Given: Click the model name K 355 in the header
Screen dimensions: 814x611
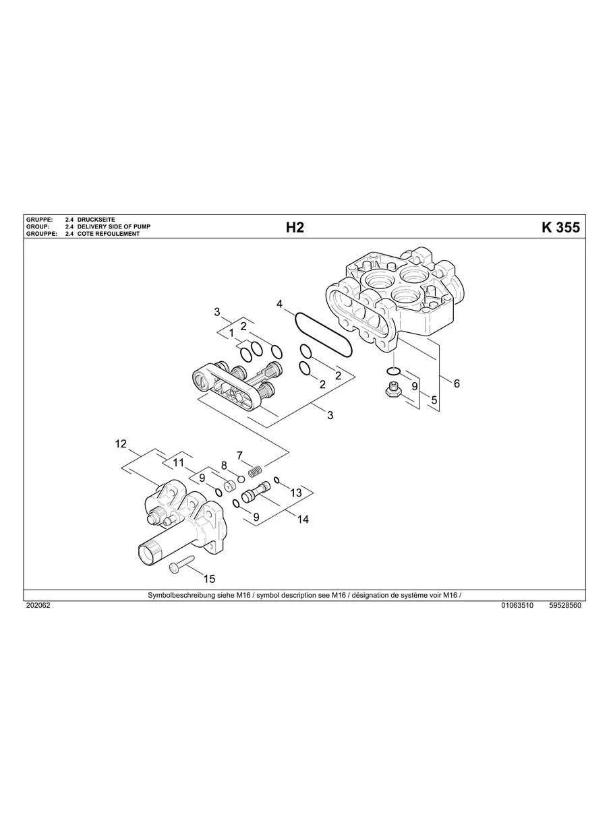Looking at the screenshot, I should point(560,228).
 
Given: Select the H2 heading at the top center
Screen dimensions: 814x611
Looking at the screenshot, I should point(295,228).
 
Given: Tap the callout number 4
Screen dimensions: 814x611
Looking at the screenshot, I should point(279,305).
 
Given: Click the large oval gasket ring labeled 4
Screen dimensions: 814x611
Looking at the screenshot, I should point(323,335).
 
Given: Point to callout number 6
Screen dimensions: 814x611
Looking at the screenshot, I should point(457,383).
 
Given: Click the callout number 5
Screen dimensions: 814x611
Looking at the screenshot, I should point(434,400).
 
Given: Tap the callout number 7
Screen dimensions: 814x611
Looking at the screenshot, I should point(239,456).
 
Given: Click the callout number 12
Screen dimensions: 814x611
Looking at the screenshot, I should point(121,443).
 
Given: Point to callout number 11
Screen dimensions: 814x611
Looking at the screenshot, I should point(178,462).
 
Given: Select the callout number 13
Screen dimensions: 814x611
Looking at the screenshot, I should point(296,493).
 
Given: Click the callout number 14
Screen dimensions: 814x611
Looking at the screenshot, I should point(303,519).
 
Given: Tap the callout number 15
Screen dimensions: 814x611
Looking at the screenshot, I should point(209,578).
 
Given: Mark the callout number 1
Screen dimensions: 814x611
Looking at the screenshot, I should point(231,333).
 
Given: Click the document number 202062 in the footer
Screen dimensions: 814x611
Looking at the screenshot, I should point(38,605).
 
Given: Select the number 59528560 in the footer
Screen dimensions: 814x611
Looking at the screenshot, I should point(565,605).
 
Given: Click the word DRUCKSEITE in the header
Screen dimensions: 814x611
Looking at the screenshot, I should point(96,220).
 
